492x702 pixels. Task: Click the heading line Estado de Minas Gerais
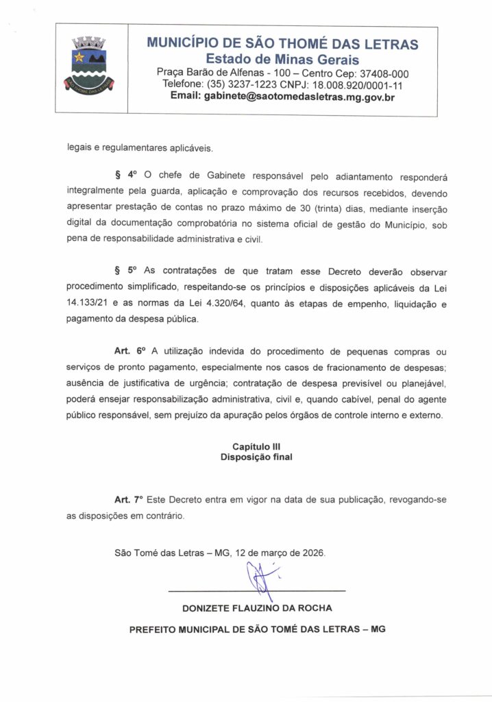282,60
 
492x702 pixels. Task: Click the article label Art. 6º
127,351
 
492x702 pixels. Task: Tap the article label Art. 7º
127,500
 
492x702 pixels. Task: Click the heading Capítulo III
256,446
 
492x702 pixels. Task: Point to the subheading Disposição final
256,457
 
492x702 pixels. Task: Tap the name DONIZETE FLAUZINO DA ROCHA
257,608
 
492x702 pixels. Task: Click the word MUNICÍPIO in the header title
189,45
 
